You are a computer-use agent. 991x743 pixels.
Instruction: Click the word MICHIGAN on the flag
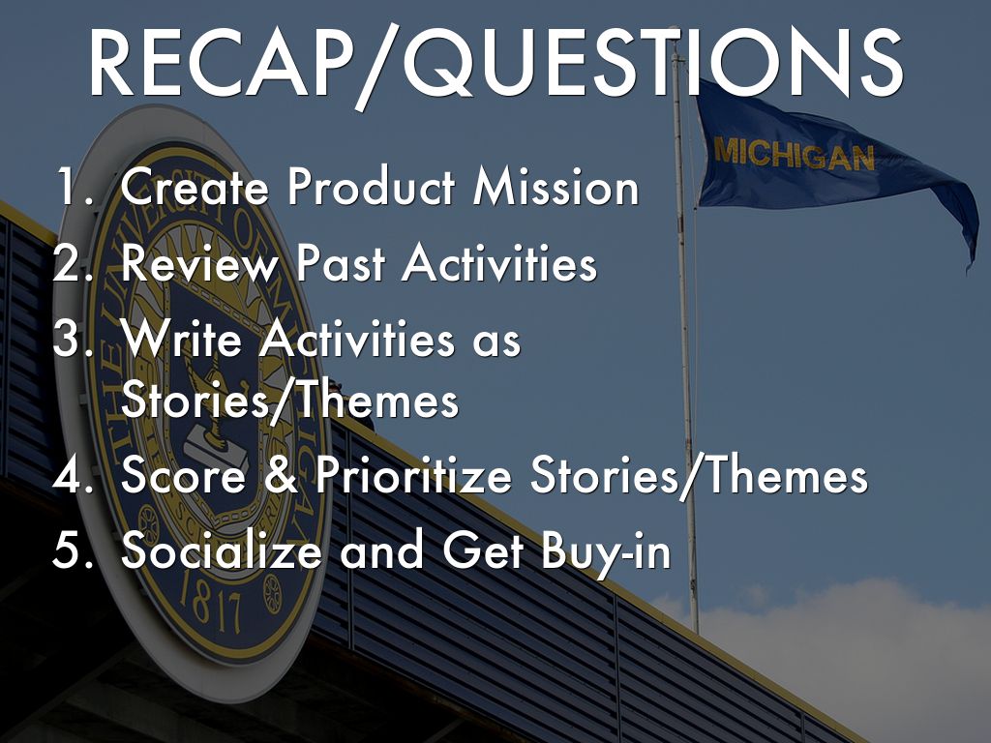coord(795,154)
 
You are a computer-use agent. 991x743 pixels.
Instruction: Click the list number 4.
coord(72,474)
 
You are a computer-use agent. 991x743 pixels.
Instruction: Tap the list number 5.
coord(72,550)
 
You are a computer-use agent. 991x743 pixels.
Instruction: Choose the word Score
coord(183,474)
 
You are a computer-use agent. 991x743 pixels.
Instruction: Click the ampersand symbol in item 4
coord(282,474)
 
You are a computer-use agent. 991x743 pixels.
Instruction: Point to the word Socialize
coord(222,550)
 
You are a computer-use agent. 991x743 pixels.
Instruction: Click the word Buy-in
coord(606,550)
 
